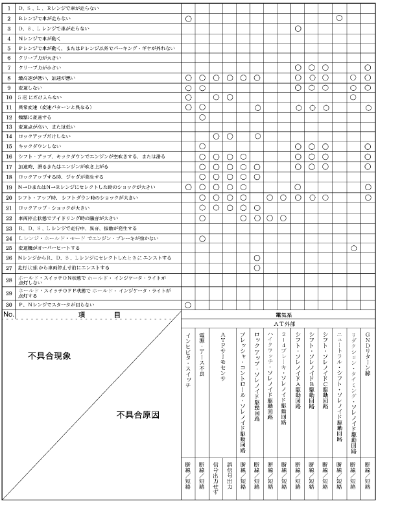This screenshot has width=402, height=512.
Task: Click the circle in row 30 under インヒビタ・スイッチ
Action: [188, 304]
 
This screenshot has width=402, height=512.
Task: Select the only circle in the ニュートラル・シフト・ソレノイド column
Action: [339, 18]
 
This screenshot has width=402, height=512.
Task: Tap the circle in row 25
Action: [353, 248]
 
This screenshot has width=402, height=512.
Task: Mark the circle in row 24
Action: [202, 239]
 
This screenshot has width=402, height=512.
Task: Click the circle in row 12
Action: [202, 117]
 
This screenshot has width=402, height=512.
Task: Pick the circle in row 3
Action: [298, 29]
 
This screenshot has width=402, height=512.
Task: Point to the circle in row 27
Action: [257, 267]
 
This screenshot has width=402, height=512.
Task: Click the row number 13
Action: [9, 127]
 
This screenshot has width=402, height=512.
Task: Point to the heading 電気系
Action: [277, 314]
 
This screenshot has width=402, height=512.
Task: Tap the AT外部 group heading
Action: [277, 323]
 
